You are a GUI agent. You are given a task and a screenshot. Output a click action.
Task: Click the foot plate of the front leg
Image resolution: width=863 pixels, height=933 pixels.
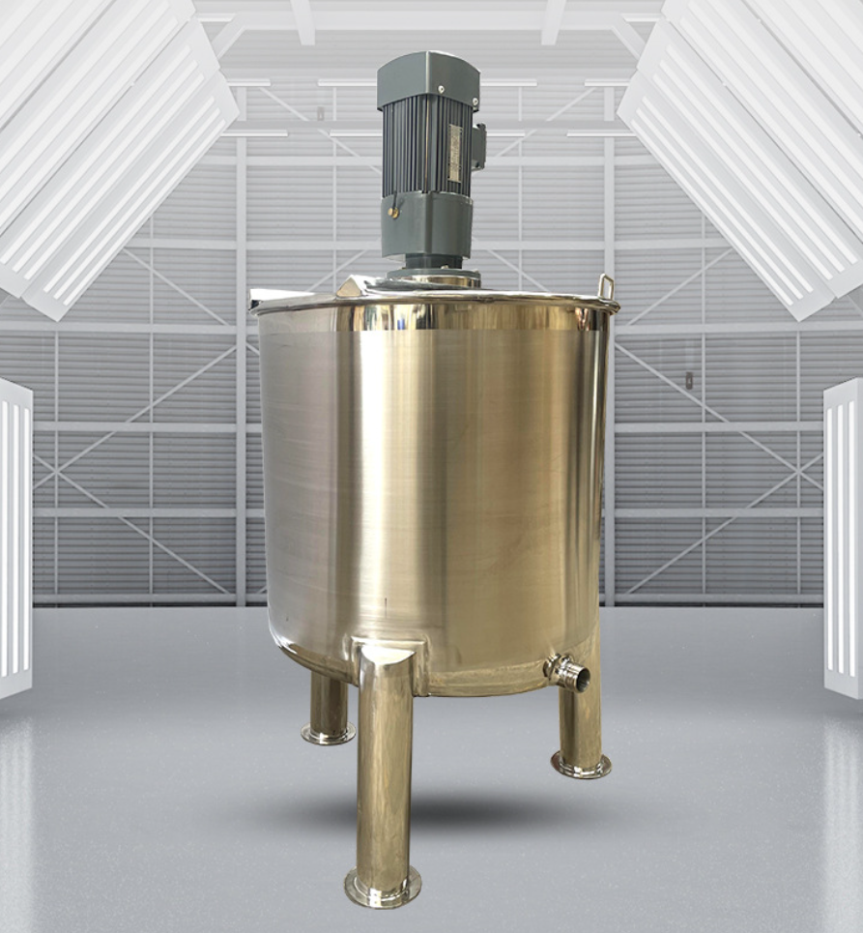(x=383, y=887)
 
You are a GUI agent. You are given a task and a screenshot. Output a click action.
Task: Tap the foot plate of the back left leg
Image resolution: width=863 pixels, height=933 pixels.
(x=328, y=735)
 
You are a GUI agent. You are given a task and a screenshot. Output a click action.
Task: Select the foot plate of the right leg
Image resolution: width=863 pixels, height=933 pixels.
(x=581, y=766)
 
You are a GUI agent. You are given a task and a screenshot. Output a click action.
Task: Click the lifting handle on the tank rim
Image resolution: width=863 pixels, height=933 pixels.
(x=605, y=287)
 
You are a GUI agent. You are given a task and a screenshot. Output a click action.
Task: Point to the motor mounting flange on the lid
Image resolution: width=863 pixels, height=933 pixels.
(x=432, y=278)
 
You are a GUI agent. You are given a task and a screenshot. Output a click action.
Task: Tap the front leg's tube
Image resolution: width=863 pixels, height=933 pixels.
(x=384, y=773)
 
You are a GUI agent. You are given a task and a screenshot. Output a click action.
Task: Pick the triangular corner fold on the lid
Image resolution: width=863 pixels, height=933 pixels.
(x=351, y=287)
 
